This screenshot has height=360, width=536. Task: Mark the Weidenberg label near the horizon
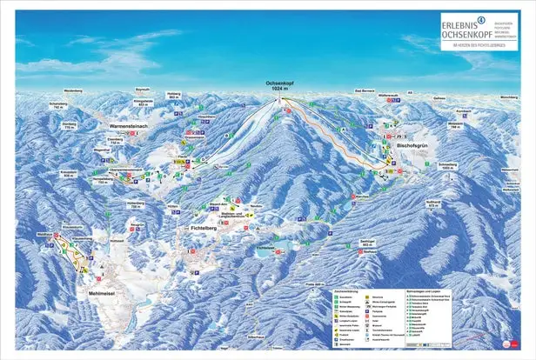pos(72,90)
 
